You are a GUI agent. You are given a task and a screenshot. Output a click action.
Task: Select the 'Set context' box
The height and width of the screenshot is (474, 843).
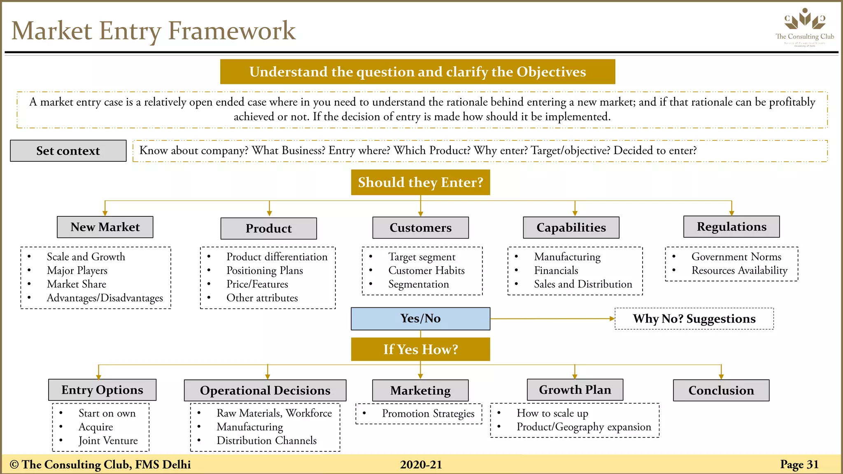click(x=68, y=151)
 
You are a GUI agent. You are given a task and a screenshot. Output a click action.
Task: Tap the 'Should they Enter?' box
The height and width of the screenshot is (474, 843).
click(x=420, y=182)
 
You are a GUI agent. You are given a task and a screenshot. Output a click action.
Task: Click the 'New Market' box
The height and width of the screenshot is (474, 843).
click(x=105, y=227)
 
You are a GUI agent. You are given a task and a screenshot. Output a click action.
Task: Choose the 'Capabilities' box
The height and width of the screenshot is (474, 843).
click(x=571, y=228)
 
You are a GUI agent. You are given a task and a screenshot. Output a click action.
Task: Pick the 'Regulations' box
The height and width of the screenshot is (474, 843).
click(x=731, y=227)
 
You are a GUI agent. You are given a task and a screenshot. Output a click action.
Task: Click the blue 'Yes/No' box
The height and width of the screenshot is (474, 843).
click(x=420, y=318)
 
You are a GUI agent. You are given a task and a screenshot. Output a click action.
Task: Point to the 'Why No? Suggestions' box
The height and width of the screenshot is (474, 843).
click(x=694, y=318)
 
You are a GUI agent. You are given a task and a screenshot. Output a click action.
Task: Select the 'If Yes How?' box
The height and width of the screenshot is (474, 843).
click(x=420, y=349)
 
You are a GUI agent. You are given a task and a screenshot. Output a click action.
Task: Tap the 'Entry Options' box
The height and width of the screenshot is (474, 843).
click(x=102, y=390)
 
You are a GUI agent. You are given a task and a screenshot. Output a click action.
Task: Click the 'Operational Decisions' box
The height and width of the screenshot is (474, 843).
click(x=265, y=390)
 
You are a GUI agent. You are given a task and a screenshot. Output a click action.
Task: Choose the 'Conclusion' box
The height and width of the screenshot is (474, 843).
click(x=721, y=390)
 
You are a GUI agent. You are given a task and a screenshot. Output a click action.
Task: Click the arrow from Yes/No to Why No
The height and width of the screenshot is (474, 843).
click(x=552, y=318)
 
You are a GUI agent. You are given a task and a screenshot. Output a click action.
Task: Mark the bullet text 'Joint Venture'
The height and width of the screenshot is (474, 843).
click(x=108, y=441)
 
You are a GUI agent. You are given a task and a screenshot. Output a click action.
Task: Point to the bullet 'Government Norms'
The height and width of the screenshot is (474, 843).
click(x=736, y=257)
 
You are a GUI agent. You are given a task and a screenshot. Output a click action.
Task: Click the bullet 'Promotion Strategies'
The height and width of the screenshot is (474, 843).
click(x=428, y=414)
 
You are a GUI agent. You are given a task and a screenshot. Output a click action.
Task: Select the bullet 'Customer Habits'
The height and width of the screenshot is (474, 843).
click(x=426, y=270)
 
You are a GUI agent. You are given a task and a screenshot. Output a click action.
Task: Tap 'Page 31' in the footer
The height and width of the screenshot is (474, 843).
click(x=799, y=465)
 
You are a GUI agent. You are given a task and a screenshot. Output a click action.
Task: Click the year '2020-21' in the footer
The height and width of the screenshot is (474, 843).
click(x=421, y=465)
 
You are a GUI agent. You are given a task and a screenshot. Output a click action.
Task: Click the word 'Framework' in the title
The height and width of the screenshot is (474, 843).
click(x=232, y=31)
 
